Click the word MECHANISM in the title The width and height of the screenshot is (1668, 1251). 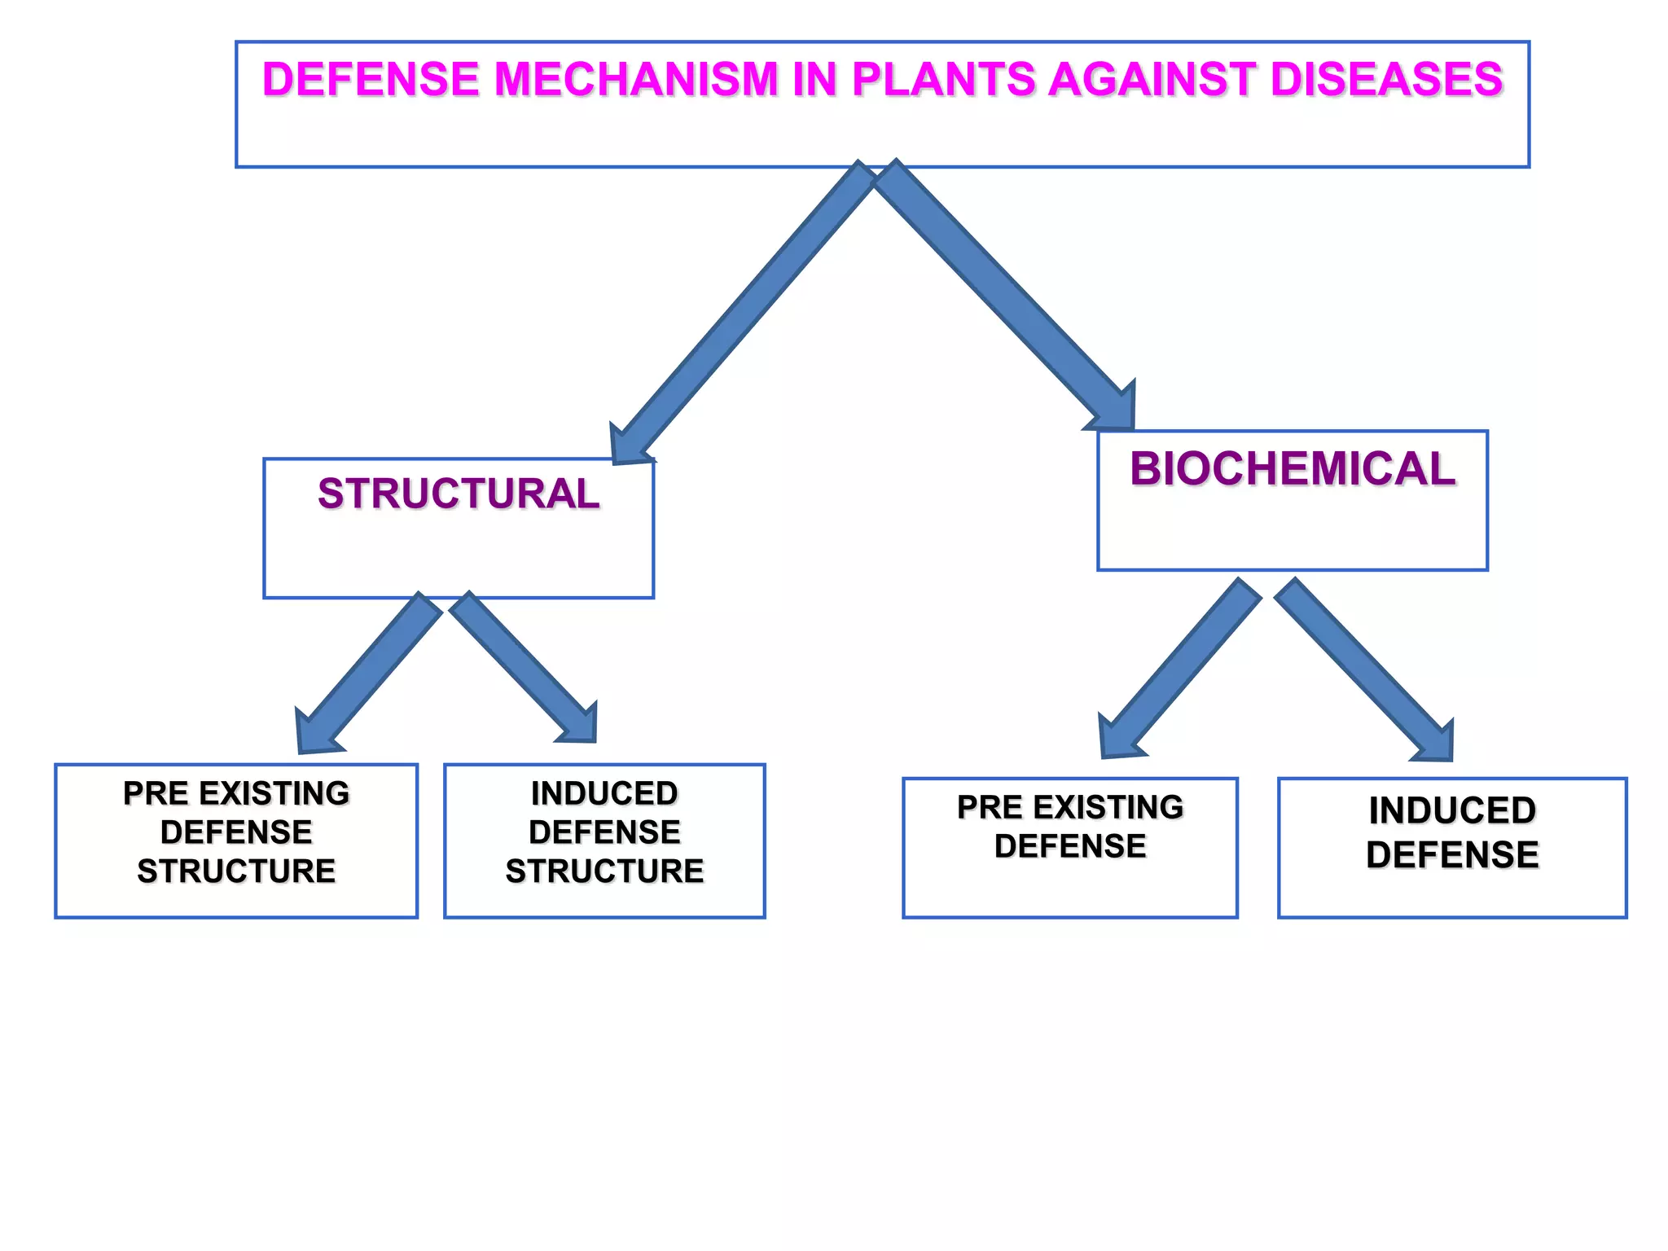click(x=636, y=80)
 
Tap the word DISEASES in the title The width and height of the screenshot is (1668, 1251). click(x=1385, y=80)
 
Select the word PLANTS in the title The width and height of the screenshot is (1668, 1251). click(x=942, y=80)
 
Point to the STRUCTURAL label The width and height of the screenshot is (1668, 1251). click(x=459, y=494)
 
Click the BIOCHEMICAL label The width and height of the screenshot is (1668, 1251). click(x=1292, y=469)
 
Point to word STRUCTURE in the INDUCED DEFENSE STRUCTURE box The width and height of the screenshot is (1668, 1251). click(x=604, y=871)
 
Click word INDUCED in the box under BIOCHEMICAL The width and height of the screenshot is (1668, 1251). click(x=1452, y=810)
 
